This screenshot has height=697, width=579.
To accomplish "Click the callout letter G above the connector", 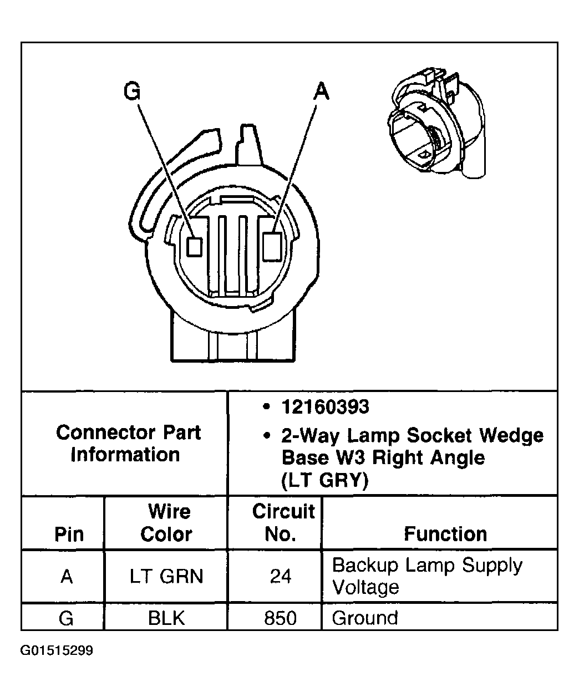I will tap(132, 90).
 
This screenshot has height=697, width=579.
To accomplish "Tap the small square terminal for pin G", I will tap(194, 246).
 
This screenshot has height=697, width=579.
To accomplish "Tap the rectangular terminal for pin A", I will tap(272, 246).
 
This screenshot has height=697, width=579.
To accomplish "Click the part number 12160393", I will tap(325, 407).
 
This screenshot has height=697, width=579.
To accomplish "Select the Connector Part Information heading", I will tap(128, 443).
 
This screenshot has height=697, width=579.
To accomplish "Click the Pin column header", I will tap(69, 533).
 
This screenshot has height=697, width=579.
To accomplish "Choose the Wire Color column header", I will tap(166, 522).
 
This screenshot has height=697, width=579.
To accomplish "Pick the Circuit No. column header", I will tap(282, 522).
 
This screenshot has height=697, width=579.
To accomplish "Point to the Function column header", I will tap(445, 533).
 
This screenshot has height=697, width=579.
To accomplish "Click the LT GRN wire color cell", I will tap(166, 577).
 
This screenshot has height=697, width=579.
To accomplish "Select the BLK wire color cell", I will tap(166, 618).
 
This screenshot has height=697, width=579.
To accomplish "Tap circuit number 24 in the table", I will tap(280, 577).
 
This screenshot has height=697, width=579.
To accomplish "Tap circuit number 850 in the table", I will tap(280, 618).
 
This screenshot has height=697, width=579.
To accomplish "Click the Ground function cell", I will tap(365, 618).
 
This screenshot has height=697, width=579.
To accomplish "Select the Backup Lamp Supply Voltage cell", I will tap(427, 576).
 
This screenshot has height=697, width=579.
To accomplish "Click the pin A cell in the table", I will tap(67, 577).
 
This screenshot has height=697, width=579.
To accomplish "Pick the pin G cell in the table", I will tap(66, 618).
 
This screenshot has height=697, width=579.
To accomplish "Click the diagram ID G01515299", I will tap(57, 650).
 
